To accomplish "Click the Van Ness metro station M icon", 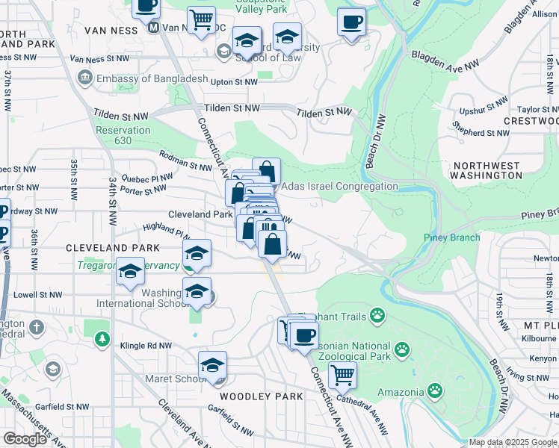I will pos(154,28).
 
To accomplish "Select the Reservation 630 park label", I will pos(124,135).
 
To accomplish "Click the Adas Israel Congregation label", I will pos(339,186).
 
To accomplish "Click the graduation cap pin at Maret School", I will pos(212,366).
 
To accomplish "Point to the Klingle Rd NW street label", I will pos(146,346).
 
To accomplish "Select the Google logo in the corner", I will pos(25,439).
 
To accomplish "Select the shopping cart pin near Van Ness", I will pos(201,20).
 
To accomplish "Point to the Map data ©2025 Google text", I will pos(513,442).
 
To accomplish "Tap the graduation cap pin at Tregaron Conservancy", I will pos(131,272).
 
